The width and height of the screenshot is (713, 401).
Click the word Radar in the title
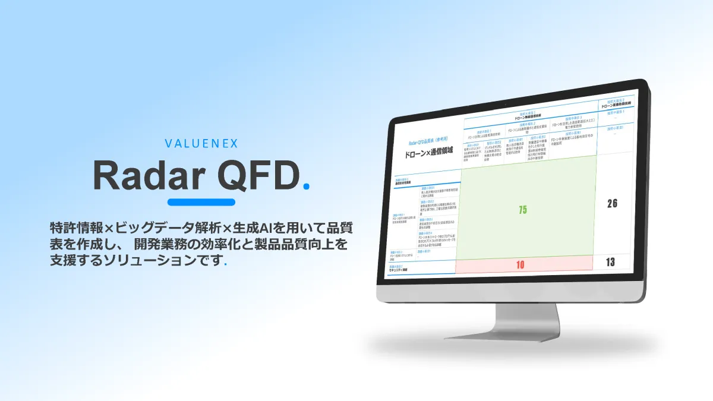(x=140, y=176)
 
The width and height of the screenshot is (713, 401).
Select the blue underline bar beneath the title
(x=201, y=202)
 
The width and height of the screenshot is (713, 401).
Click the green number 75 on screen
(x=523, y=210)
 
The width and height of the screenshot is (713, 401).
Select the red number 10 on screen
(x=520, y=265)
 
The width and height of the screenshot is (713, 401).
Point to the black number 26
(x=612, y=204)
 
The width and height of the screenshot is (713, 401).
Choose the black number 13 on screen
(x=610, y=263)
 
